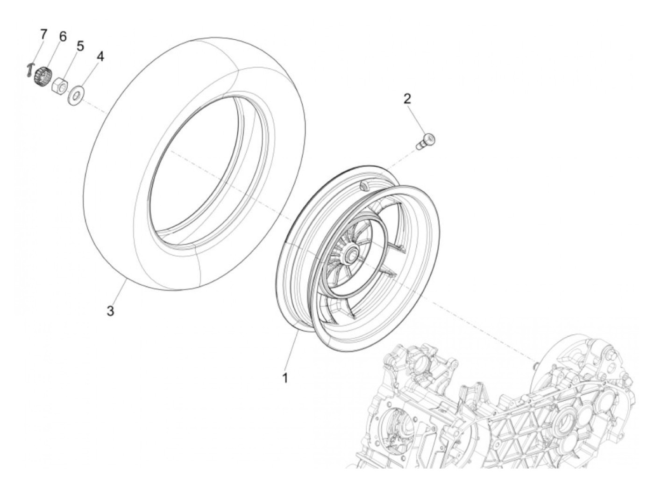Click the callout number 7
(x=43, y=34)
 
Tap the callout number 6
(x=63, y=36)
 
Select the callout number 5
(x=80, y=46)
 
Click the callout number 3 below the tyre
(x=110, y=311)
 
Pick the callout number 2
(x=407, y=98)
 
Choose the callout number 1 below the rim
(x=284, y=377)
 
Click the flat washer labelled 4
(x=75, y=95)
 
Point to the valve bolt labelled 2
(x=426, y=140)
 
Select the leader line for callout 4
(x=90, y=75)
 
